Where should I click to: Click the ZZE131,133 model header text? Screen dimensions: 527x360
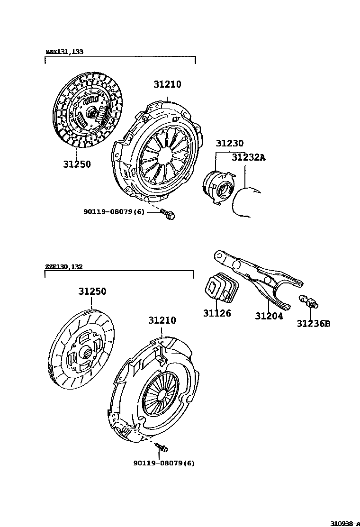64,52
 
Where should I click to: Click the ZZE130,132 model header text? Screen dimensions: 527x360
64,266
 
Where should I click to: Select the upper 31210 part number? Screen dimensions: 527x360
167,85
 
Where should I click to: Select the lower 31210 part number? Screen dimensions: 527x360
162,320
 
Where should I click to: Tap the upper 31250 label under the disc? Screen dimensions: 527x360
77,164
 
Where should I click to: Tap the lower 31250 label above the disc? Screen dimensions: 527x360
92,291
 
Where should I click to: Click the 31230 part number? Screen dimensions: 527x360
230,143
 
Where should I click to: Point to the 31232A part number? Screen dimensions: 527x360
248,157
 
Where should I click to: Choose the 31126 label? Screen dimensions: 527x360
217,313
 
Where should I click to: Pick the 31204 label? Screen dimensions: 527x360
269,316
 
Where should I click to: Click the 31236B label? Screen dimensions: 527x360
314,324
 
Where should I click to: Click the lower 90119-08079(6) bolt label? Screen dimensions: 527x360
164,463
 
